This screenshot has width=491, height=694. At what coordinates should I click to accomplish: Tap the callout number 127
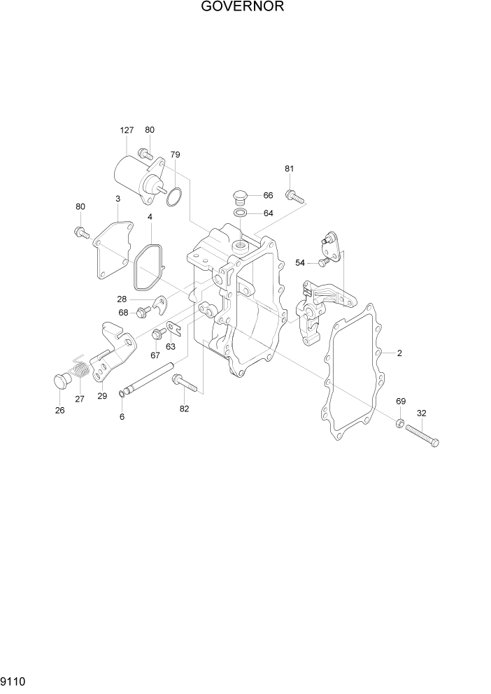coord(127,131)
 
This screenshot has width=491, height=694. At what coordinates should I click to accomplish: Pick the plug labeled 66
coord(239,195)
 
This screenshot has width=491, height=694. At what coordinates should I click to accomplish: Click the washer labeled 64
coord(239,213)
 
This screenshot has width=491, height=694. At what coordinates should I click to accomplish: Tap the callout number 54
coord(300,262)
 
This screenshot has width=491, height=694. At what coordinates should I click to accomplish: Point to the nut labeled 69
coord(398,423)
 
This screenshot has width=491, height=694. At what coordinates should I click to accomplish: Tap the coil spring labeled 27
coord(81,370)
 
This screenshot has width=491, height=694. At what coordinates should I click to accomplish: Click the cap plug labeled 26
coord(62,381)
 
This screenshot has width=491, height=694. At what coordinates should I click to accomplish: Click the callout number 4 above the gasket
coord(150,218)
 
